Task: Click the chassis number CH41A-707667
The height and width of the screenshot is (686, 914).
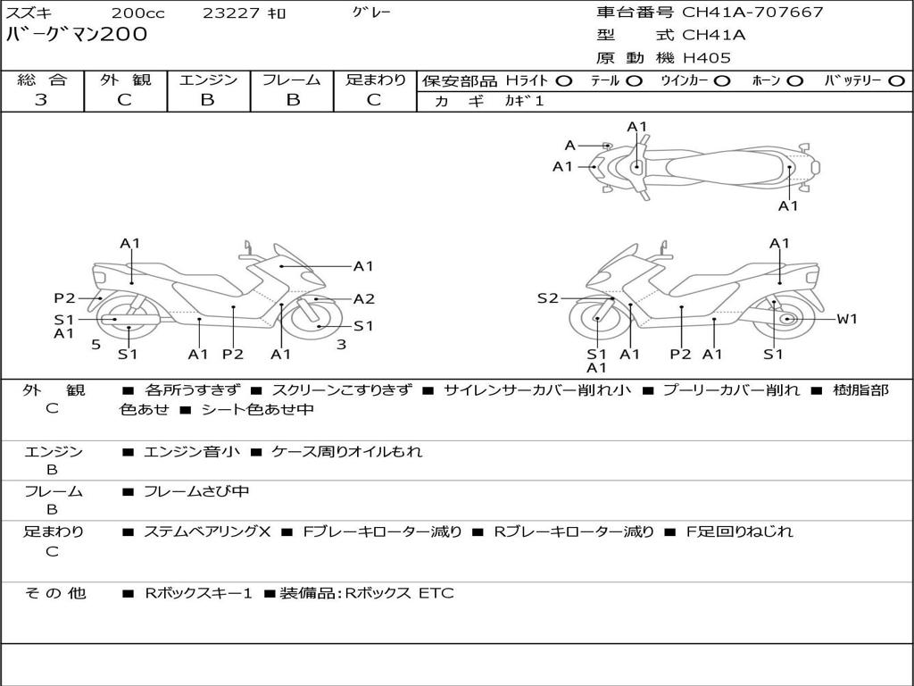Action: click(752, 13)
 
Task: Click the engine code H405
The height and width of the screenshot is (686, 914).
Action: click(707, 58)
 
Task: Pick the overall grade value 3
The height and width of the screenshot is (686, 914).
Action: click(41, 100)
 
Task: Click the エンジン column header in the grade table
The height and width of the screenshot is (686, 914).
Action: click(208, 79)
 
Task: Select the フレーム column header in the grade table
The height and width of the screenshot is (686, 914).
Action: click(292, 79)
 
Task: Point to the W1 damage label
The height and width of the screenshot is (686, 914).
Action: click(846, 319)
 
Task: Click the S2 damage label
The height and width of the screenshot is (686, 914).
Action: click(547, 298)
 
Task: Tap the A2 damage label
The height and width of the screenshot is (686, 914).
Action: click(363, 299)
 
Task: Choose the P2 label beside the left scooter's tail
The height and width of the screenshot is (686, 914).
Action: click(64, 298)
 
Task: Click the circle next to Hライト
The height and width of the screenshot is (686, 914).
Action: click(563, 80)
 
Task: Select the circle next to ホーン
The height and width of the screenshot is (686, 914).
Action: click(794, 80)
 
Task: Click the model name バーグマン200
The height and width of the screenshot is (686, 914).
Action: click(77, 36)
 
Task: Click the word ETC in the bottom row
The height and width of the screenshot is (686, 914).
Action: click(436, 592)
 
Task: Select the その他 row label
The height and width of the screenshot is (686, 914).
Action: click(54, 592)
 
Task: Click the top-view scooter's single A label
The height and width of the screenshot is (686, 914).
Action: click(569, 146)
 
